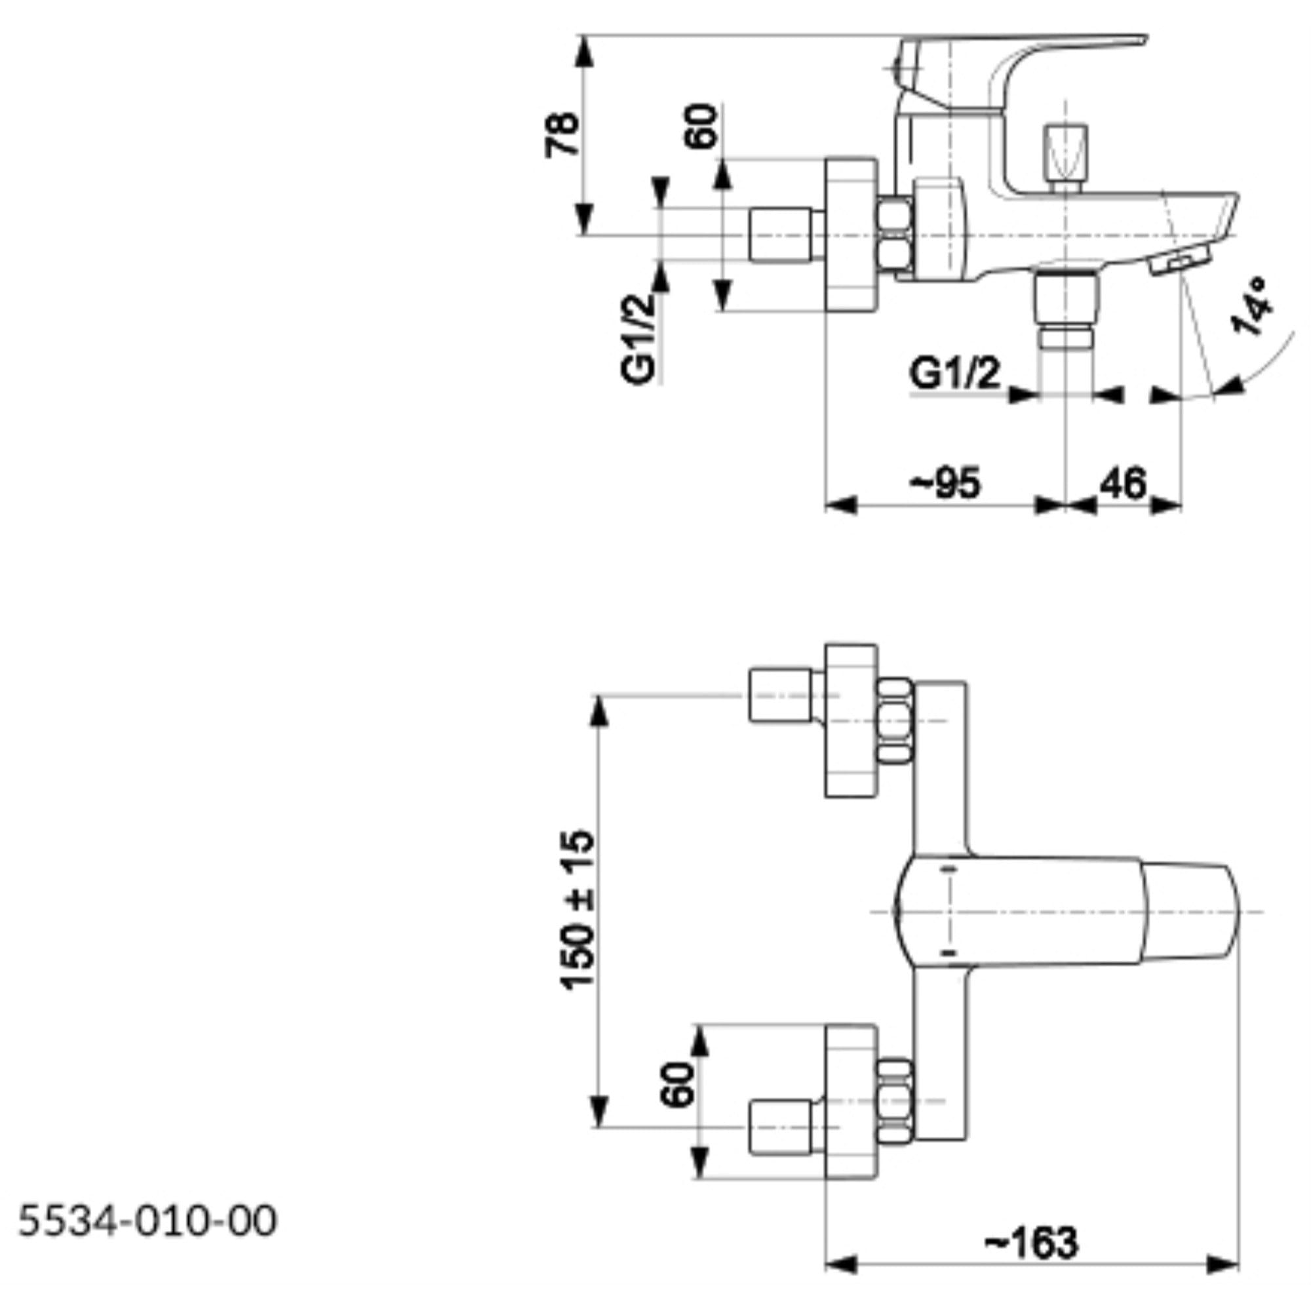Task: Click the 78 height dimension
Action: coord(562,135)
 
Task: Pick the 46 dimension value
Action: coord(1122,484)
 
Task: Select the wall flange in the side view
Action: coord(851,235)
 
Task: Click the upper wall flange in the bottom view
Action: coord(851,720)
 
